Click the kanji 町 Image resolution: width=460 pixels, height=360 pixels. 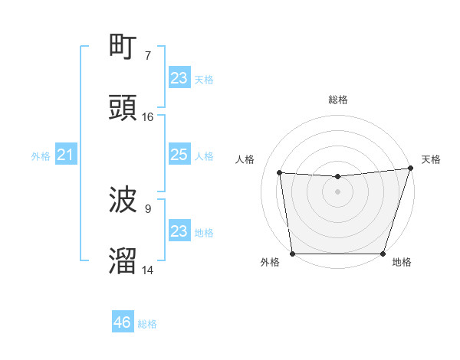pos(123,47)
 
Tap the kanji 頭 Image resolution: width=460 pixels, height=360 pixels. pos(123,108)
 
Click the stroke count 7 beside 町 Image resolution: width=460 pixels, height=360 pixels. pos(147,55)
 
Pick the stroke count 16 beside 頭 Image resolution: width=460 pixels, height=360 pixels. pos(147,116)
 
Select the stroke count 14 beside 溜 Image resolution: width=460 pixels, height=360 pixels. pos(147,270)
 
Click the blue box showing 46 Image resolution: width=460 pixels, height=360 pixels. pos(123,322)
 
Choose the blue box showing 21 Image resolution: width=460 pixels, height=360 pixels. pos(66,155)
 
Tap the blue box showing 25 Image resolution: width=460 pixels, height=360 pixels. pos(179,155)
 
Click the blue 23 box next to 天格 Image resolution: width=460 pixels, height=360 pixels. pos(179,78)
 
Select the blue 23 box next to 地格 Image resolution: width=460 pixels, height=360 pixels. pos(179,231)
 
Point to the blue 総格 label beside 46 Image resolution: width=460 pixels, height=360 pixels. pos(147,324)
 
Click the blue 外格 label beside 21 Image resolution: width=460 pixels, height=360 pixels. pos(41,156)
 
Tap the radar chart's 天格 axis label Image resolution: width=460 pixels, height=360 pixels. pos(431,159)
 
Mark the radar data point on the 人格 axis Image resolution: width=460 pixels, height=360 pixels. pos(280,173)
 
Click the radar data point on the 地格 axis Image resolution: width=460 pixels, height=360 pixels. pos(383,254)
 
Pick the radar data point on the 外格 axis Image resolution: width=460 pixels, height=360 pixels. pos(292,254)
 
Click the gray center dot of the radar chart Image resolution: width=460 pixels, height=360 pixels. pos(337,191)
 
